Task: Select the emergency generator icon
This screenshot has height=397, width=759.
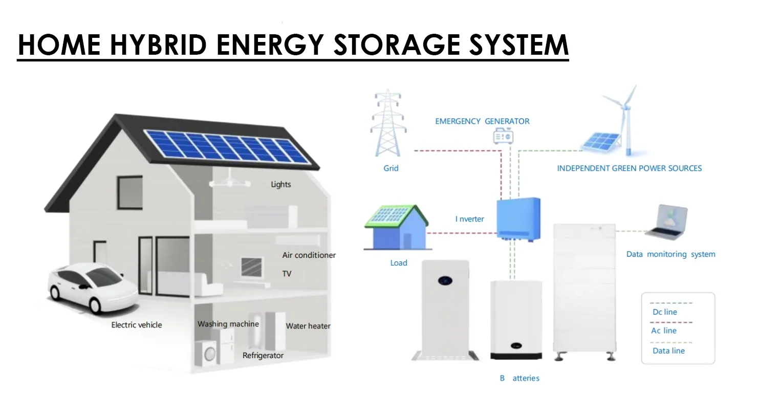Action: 503,136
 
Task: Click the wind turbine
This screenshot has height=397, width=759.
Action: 624,118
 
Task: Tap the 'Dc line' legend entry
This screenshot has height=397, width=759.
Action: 665,312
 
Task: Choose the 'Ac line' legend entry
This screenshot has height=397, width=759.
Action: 664,330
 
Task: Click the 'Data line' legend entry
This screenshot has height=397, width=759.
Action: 668,350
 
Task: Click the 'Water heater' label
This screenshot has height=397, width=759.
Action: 308,326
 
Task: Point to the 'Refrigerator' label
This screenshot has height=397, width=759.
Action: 263,355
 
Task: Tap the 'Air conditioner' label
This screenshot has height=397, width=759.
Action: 309,255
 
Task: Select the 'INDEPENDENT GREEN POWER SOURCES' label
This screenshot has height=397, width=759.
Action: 629,168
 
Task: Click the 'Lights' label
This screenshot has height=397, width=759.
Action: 280,184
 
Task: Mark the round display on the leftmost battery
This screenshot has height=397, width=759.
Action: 444,280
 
